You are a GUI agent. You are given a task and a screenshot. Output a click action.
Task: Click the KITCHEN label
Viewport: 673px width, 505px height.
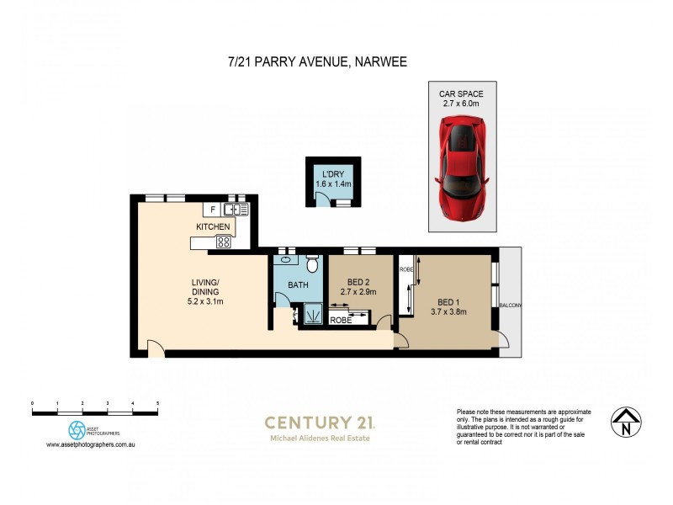tap(214, 227)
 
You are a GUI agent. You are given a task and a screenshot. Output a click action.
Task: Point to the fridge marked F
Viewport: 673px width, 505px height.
tap(213, 208)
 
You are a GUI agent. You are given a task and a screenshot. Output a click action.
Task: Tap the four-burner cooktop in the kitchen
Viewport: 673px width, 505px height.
tap(225, 242)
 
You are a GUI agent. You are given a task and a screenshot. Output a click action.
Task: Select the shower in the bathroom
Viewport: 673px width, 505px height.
tap(313, 315)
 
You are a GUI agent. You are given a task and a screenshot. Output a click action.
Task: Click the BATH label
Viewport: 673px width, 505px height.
tap(299, 285)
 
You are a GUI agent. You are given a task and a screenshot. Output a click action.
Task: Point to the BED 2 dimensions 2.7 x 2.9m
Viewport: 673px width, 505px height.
tap(357, 292)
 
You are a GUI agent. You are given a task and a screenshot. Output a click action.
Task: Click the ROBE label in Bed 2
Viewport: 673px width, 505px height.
tap(341, 321)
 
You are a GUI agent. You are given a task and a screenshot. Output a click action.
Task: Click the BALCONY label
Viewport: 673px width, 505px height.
tap(511, 306)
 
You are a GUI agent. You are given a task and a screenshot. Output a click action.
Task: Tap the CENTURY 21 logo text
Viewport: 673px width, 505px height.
tap(320, 423)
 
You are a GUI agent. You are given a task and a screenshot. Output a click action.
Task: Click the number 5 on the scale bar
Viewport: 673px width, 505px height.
tap(158, 405)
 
